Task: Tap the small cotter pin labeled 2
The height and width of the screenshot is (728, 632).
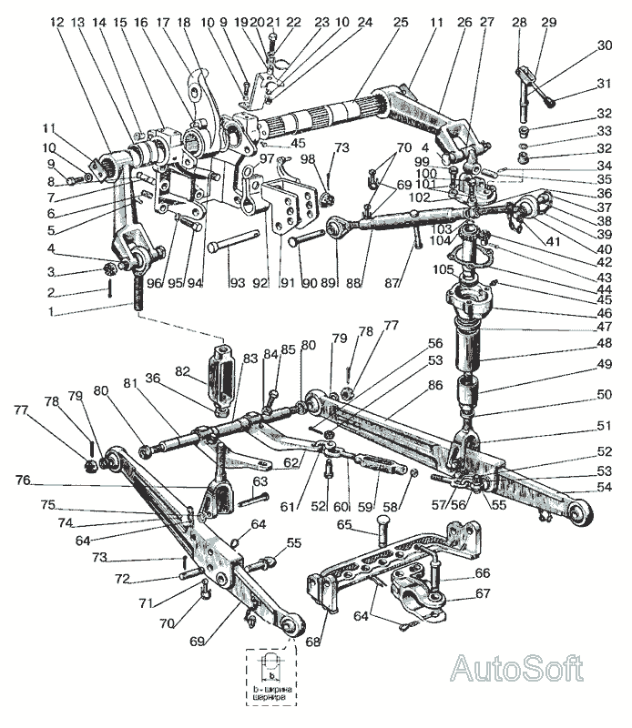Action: pyautogui.click(x=109, y=291)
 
